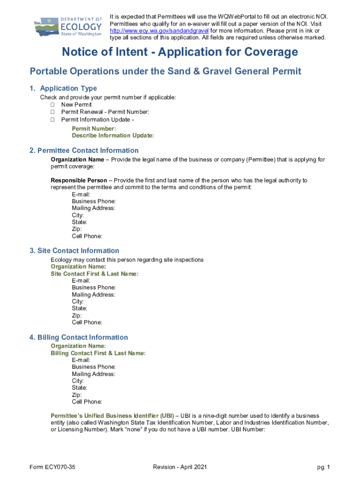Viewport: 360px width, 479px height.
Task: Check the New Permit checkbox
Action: coord(52,105)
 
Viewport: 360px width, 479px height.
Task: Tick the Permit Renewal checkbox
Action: coord(52,112)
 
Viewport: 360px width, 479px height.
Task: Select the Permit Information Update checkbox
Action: coord(52,120)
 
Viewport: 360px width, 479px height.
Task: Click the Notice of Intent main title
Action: coord(180,52)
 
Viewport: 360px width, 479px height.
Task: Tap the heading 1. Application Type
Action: coord(63,88)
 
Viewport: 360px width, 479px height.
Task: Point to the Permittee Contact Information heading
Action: coord(84,151)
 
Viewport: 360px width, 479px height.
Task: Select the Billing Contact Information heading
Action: coord(78,337)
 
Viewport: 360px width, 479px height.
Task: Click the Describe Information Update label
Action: coord(113,136)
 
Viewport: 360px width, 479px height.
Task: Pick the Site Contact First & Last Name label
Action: coord(94,274)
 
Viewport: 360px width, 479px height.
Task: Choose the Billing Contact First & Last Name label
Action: coord(98,354)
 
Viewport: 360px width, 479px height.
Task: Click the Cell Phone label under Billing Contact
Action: coord(87,402)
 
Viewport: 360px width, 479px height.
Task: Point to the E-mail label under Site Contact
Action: coord(81,281)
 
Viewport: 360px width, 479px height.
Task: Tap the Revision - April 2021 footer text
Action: coord(180,467)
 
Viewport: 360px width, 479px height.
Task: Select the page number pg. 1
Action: coord(324,467)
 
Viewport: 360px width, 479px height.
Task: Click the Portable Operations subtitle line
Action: coord(166,72)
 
